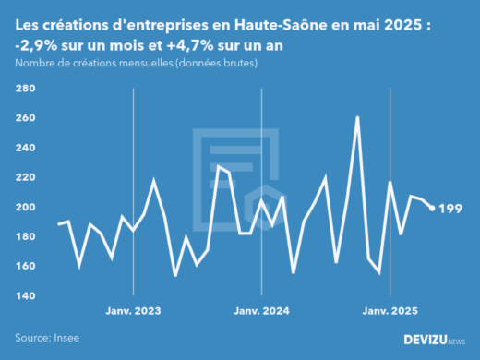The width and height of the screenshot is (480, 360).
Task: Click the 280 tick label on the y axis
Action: (25, 89)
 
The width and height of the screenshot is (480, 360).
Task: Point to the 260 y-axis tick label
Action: (25, 118)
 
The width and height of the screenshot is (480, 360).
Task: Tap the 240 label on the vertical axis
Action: (25, 148)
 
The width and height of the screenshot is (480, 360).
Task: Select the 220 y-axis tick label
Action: (25, 177)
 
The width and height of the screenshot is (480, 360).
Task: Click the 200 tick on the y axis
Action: (25, 207)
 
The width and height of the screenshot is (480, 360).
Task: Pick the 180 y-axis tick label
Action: (25, 236)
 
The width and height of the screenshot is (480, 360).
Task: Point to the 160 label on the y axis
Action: (25, 266)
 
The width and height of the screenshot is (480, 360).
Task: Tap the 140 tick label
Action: (25, 295)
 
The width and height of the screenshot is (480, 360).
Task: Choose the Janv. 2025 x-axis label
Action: (391, 312)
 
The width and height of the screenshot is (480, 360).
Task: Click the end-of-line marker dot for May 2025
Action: (433, 208)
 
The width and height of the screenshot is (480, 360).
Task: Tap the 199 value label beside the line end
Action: (451, 209)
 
